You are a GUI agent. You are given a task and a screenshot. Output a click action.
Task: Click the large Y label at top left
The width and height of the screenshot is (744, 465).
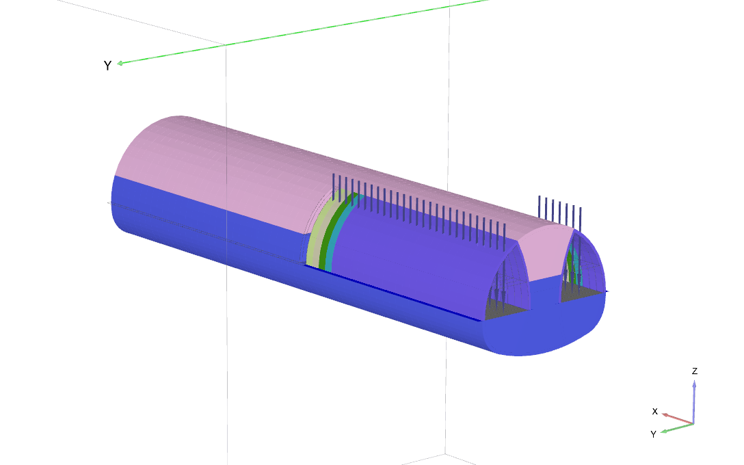[107, 66]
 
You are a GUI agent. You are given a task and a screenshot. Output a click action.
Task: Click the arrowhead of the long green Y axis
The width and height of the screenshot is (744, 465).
[120, 63]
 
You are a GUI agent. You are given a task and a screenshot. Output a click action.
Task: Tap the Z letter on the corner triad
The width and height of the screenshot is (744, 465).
[695, 371]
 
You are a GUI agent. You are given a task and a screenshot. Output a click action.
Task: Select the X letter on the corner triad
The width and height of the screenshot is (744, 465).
[655, 412]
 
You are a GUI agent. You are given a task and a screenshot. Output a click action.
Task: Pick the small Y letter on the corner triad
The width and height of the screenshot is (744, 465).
[653, 434]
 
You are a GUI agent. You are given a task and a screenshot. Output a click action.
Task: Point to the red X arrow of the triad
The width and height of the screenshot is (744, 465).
[678, 418]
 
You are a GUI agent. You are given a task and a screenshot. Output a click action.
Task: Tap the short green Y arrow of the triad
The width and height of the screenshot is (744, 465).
[678, 427]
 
